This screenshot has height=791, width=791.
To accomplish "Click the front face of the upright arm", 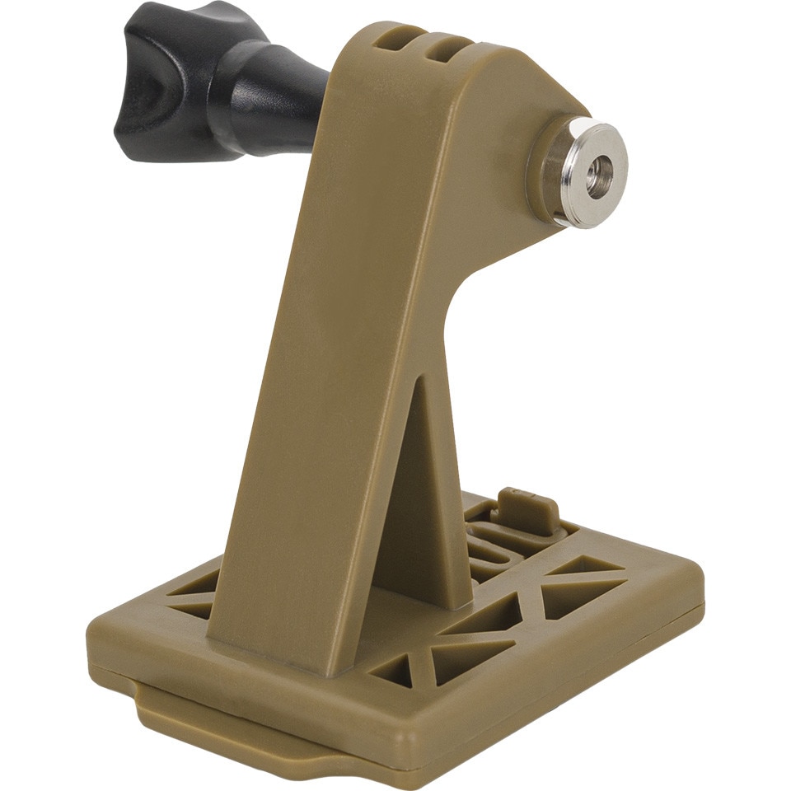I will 330,371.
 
